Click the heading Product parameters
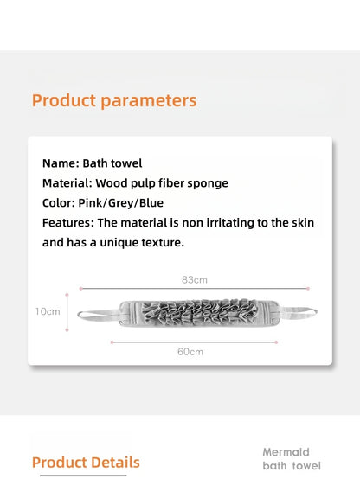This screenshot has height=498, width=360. pyautogui.click(x=114, y=100)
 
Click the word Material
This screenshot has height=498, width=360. pyautogui.click(x=66, y=183)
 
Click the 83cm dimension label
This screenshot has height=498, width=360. pyautogui.click(x=194, y=280)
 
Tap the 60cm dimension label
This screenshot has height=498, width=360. pyautogui.click(x=190, y=351)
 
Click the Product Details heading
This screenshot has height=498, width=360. pyautogui.click(x=85, y=463)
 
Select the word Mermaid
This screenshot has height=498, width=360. pyautogui.click(x=286, y=452)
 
